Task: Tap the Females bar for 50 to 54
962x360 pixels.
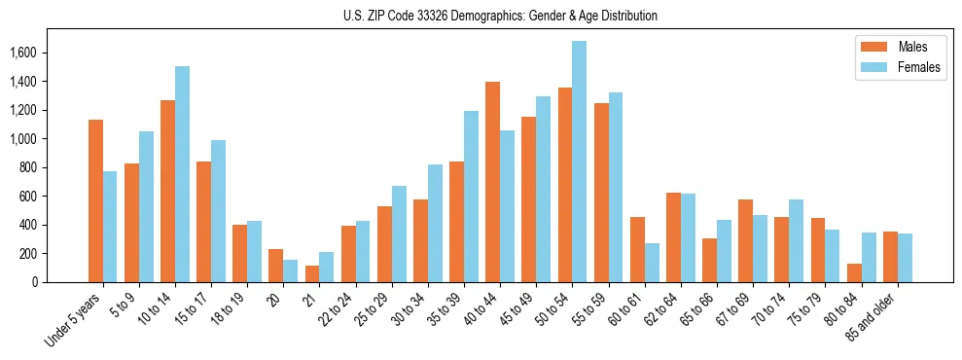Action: pyautogui.click(x=580, y=162)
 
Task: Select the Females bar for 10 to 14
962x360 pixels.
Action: pyautogui.click(x=182, y=174)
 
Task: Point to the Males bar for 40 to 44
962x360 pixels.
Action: pyautogui.click(x=492, y=182)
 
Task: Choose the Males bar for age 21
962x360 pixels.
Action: pyautogui.click(x=312, y=273)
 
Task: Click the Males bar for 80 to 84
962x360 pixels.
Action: pyautogui.click(x=853, y=272)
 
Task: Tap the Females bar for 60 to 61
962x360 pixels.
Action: pyautogui.click(x=652, y=263)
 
